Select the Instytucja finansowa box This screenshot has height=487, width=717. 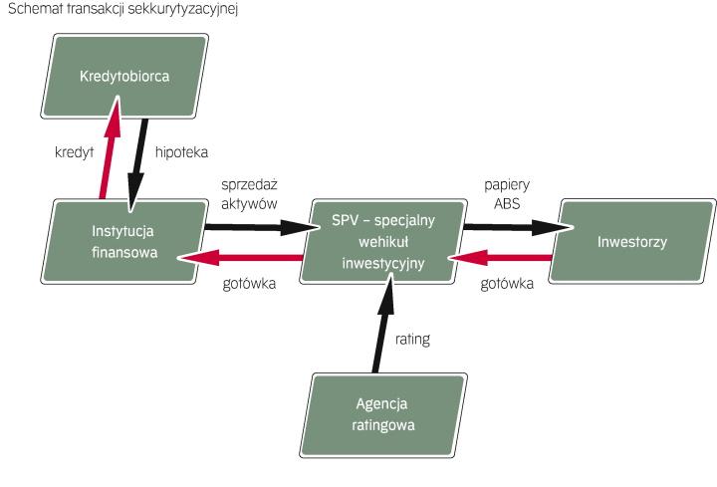[x=125, y=240]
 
